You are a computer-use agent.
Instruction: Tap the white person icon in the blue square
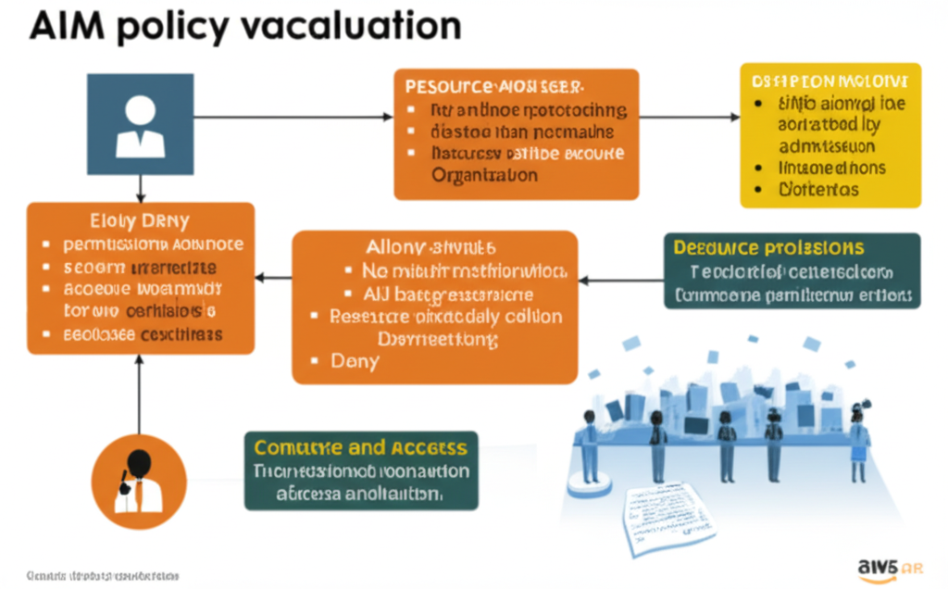[140, 126]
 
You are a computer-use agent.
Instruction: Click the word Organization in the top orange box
[484, 174]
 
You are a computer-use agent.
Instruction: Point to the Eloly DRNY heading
[140, 221]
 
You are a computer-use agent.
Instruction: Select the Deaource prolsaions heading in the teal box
[768, 248]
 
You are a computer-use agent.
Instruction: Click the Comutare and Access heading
[360, 448]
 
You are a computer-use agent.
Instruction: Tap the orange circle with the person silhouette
[138, 481]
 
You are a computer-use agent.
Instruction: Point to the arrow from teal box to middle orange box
[620, 278]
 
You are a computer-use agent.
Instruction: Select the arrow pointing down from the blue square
[140, 189]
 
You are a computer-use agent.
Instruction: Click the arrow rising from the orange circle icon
[138, 389]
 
